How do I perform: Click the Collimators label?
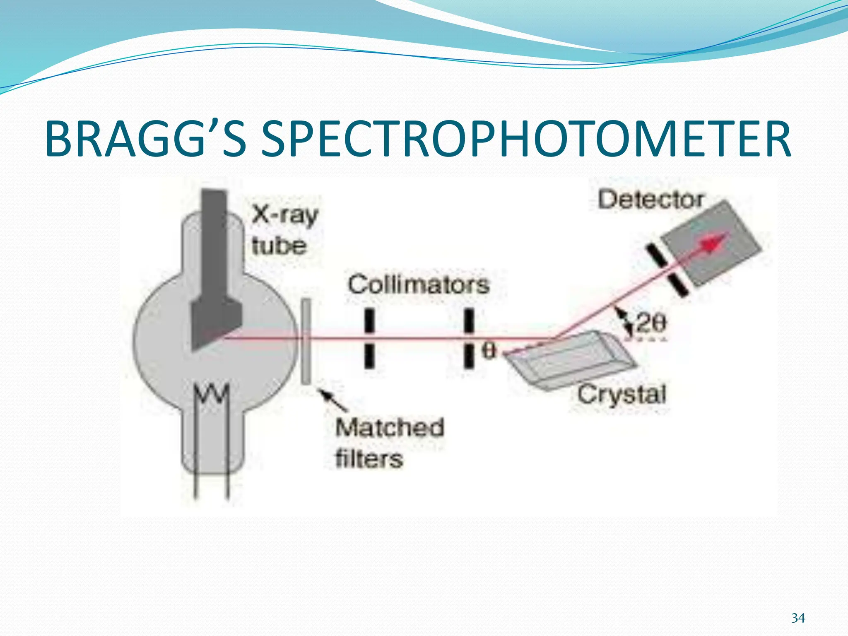[x=419, y=285]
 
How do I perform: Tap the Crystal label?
[x=622, y=394]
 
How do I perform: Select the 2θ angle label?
[x=651, y=323]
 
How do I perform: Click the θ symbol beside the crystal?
[x=489, y=351]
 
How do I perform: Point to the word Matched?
[x=390, y=427]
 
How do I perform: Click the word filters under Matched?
[x=369, y=459]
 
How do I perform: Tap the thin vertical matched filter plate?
[x=306, y=342]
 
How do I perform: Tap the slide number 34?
[x=798, y=618]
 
